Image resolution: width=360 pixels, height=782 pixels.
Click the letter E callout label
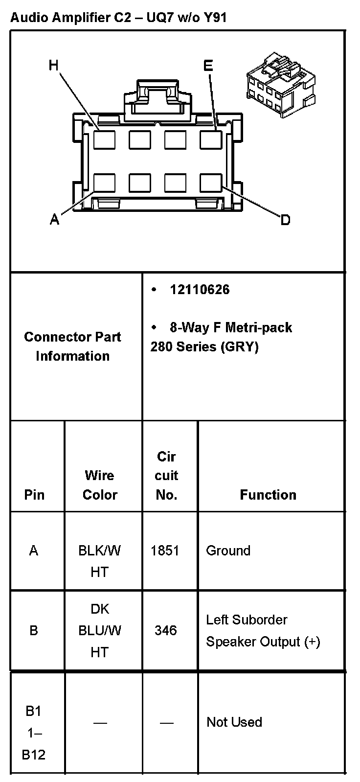click(x=208, y=66)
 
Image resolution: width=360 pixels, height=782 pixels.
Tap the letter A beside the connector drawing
click(x=55, y=220)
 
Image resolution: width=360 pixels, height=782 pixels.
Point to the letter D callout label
click(x=285, y=220)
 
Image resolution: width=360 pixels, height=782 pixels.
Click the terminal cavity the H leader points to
click(x=105, y=140)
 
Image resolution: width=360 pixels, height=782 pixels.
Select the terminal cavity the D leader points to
click(x=211, y=183)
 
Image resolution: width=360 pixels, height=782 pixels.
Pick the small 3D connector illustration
click(x=280, y=86)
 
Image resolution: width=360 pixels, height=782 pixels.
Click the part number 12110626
click(x=200, y=290)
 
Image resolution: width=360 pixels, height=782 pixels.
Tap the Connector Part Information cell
click(x=72, y=346)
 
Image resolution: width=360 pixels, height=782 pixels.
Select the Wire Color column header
click(x=100, y=485)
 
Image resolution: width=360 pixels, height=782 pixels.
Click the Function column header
click(x=268, y=495)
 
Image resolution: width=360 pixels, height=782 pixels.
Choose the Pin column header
click(x=34, y=495)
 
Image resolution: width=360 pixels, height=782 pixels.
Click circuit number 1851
click(x=165, y=551)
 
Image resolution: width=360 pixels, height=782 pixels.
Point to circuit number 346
click(x=165, y=630)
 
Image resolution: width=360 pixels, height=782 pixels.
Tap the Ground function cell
click(x=228, y=551)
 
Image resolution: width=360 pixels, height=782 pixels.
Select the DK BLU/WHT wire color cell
click(x=100, y=630)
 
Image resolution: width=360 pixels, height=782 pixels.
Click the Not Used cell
click(x=234, y=722)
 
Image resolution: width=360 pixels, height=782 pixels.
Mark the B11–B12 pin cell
click(x=34, y=733)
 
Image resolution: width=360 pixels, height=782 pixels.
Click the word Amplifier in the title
click(x=77, y=18)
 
